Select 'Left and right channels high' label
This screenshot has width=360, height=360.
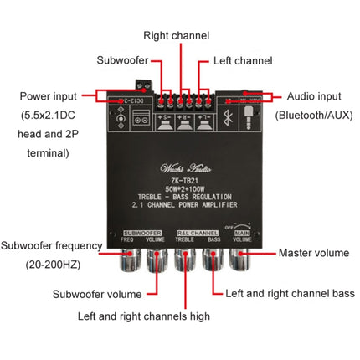[x=143, y=316]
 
